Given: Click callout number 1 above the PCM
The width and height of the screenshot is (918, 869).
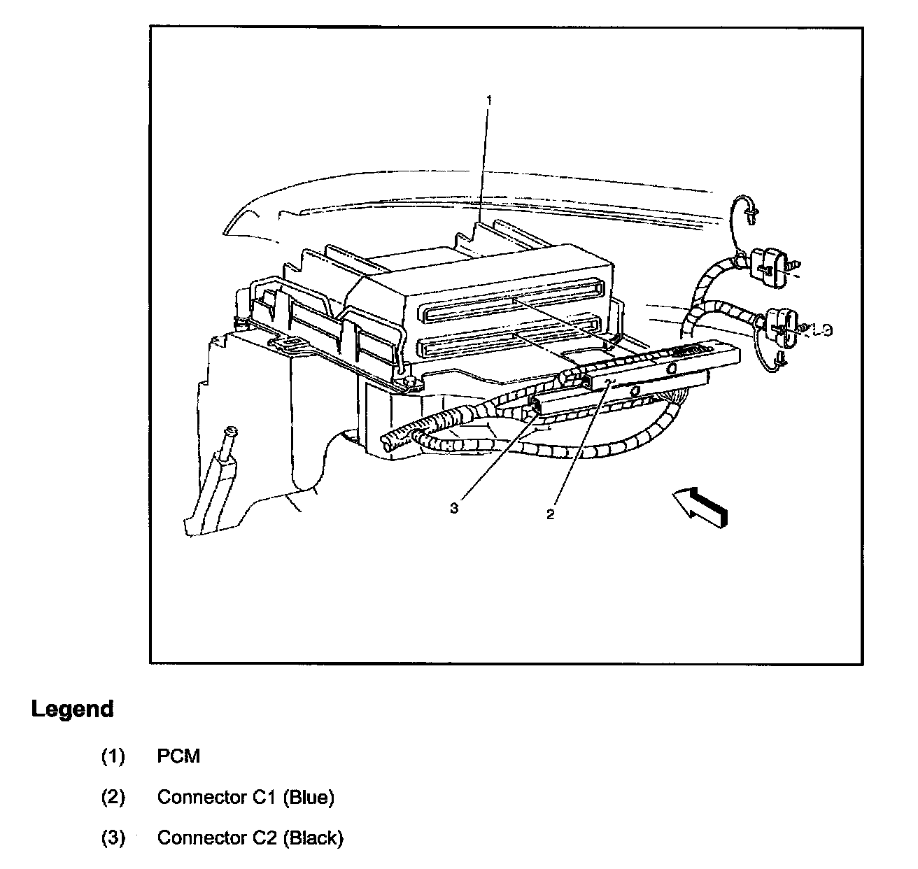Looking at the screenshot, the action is coord(489,101).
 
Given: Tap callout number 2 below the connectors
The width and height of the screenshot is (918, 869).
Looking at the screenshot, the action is coord(551,514).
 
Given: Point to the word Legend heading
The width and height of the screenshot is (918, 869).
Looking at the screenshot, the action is coord(72,709).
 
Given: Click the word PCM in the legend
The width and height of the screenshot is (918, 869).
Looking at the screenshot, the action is coord(178,756).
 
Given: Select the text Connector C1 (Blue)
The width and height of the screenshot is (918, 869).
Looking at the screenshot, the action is coord(246,797).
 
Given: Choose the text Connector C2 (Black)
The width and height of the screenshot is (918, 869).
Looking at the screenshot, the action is coord(250,838).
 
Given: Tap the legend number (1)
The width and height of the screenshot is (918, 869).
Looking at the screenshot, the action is coord(113,756).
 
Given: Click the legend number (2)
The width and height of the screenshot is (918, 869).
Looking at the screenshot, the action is coord(113,797).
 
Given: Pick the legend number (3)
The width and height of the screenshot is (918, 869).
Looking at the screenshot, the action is coord(113,838).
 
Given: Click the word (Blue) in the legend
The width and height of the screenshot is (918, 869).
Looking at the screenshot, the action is coord(309,797).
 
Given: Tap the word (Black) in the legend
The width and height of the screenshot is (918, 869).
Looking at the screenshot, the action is coord(313,838).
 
